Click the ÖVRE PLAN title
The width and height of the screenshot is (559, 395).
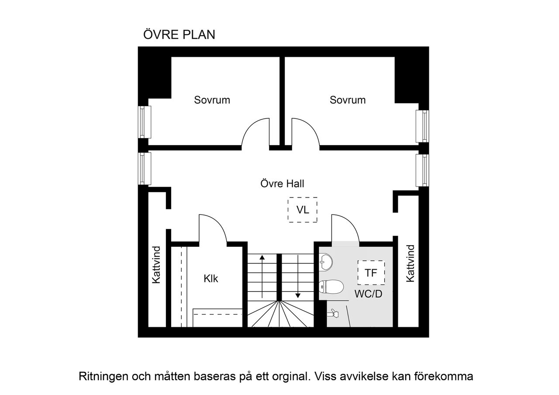(x=179, y=35)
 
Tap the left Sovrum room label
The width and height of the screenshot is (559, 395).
(x=212, y=100)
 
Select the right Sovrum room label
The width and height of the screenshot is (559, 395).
(x=348, y=100)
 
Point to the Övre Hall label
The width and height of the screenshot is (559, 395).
(x=282, y=184)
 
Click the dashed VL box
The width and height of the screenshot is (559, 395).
(x=303, y=210)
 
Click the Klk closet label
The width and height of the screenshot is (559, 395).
(x=210, y=278)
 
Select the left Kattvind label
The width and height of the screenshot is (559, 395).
(x=156, y=265)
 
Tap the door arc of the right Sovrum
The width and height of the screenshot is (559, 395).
(x=306, y=131)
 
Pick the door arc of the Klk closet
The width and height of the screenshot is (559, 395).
(x=213, y=228)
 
